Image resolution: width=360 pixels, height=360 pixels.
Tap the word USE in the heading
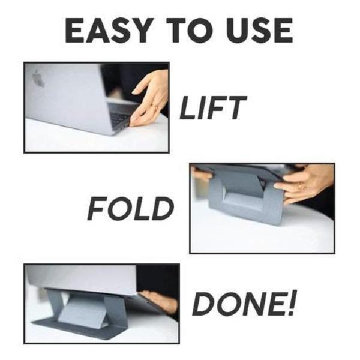(x=255, y=31)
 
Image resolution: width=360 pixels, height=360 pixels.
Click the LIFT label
(x=213, y=108)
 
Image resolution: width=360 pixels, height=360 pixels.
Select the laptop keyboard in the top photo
(x=120, y=117)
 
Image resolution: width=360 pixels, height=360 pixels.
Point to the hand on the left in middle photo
(x=202, y=175)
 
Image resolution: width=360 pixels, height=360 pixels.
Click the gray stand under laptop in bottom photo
(x=84, y=312)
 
